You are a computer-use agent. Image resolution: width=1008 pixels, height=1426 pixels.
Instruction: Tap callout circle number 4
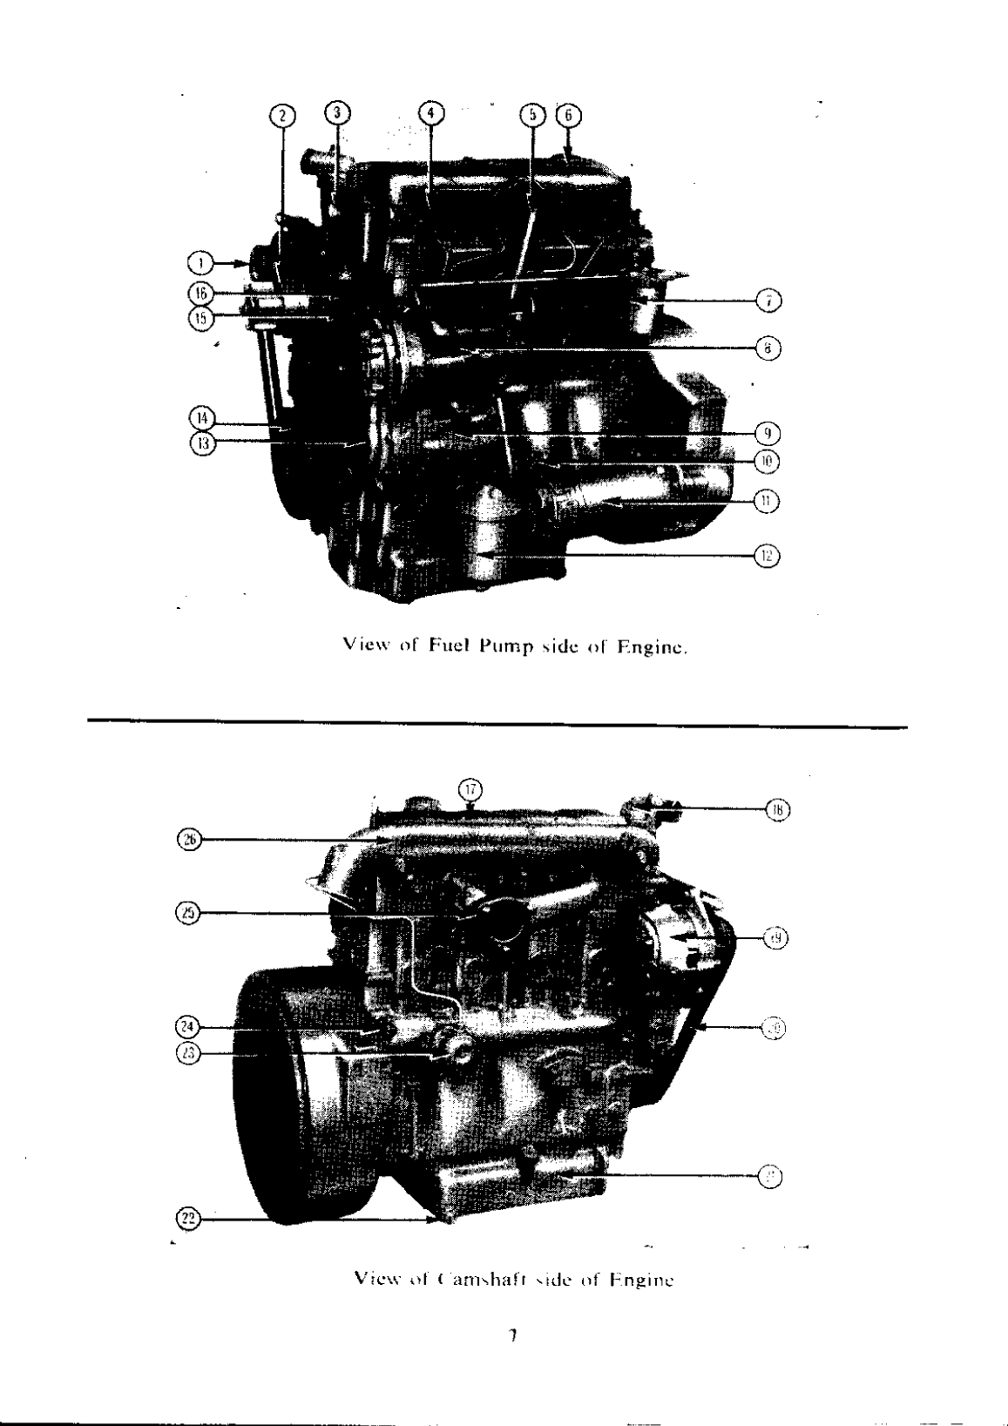click(430, 112)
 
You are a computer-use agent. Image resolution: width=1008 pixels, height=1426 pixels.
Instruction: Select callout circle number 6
click(568, 115)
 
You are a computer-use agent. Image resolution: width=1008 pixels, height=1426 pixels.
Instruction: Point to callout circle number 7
click(768, 301)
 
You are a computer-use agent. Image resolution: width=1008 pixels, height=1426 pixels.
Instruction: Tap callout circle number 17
click(470, 789)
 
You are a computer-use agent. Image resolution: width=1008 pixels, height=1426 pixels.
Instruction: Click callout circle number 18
click(777, 809)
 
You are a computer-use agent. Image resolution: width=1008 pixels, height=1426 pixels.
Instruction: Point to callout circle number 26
click(189, 839)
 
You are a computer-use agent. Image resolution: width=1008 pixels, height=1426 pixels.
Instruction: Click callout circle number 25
click(189, 913)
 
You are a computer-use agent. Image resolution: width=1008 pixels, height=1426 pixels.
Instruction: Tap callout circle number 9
click(768, 433)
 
